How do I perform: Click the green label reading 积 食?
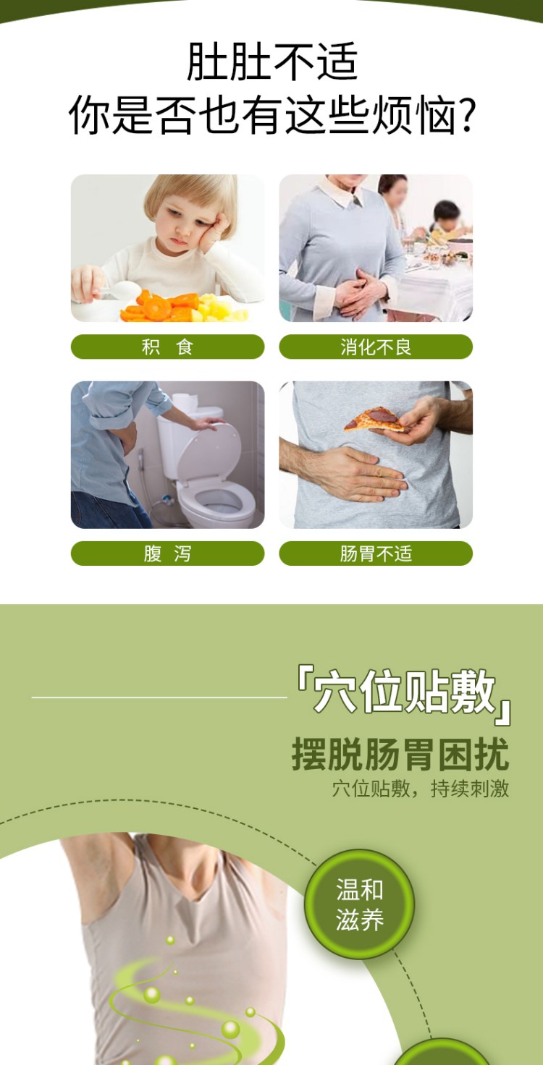click(x=167, y=347)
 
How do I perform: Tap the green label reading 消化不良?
click(x=376, y=347)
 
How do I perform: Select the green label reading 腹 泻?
click(x=167, y=553)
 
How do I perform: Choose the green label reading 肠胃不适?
click(x=376, y=553)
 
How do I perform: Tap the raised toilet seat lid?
click(x=209, y=451)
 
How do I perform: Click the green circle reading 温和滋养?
click(x=359, y=904)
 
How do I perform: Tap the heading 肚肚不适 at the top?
click(x=271, y=61)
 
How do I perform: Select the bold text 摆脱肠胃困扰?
click(x=400, y=754)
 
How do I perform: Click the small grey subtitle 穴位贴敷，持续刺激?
click(x=421, y=789)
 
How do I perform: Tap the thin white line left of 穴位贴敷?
click(x=159, y=697)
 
